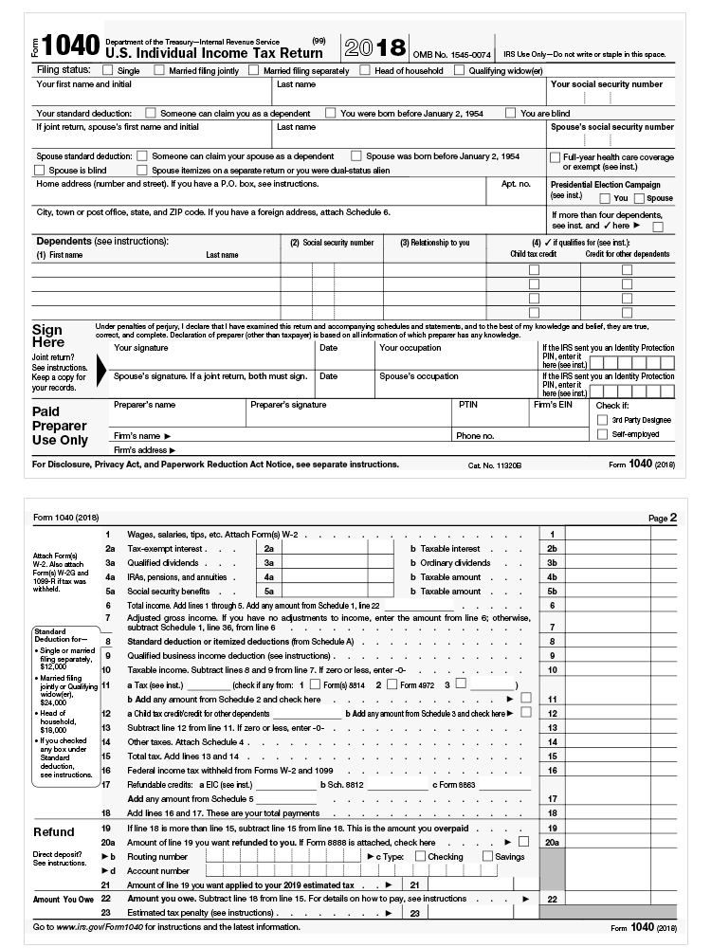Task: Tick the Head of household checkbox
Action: (x=366, y=70)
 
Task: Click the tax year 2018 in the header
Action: (x=374, y=48)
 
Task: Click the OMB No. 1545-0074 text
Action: (x=451, y=55)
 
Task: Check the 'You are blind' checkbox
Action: (x=511, y=113)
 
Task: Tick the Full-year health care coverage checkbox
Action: (x=555, y=156)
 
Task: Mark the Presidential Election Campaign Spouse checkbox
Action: (x=639, y=198)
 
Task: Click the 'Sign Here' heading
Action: (x=48, y=337)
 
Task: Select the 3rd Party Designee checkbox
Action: (x=602, y=419)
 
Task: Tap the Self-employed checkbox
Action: (x=602, y=434)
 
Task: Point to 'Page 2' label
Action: (x=663, y=518)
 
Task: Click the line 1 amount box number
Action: (x=552, y=535)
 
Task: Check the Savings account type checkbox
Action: (x=487, y=856)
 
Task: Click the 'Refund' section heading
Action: (x=53, y=832)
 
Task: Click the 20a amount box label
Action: (x=552, y=842)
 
